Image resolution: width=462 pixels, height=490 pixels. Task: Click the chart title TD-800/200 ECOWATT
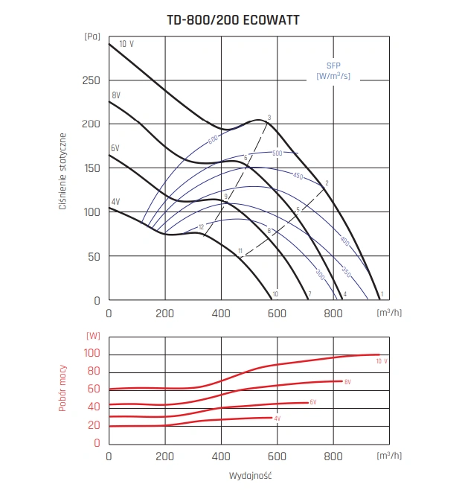[233, 20]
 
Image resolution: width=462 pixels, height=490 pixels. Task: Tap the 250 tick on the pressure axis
[92, 80]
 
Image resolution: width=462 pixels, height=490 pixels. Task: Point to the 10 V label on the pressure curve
[126, 44]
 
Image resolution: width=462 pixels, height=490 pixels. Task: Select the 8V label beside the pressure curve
[116, 95]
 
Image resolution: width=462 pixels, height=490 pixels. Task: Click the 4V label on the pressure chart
[115, 202]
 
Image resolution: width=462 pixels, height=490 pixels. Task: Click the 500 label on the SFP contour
[277, 153]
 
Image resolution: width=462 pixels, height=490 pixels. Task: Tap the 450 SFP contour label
[298, 176]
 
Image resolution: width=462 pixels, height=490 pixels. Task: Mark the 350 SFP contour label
[346, 273]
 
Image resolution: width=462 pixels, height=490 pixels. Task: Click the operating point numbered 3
[269, 118]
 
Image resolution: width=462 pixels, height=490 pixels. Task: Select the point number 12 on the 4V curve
[201, 227]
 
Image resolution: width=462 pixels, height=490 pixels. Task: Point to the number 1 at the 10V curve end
[381, 296]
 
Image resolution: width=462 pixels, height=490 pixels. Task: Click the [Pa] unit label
[92, 35]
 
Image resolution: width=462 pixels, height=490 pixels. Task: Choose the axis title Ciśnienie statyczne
[65, 171]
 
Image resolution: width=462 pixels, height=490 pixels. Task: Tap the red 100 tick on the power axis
[92, 353]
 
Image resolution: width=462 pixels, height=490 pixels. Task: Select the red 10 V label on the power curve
[382, 361]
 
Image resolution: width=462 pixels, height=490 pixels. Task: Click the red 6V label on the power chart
[313, 402]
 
